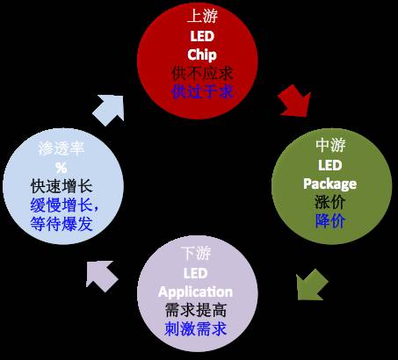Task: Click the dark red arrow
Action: tap(295, 101)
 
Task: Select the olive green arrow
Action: tap(311, 284)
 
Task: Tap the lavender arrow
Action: tap(101, 275)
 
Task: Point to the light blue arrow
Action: tap(109, 110)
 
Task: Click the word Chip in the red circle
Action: tap(202, 54)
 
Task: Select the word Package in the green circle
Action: tap(330, 184)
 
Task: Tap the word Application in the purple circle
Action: tap(195, 292)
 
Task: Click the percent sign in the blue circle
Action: tap(62, 169)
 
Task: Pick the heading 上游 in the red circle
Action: tap(202, 17)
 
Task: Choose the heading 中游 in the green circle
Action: tap(330, 146)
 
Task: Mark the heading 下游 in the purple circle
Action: tap(196, 254)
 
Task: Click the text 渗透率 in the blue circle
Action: tap(62, 148)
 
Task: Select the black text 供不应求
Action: tap(202, 74)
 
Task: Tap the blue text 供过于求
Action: tap(202, 92)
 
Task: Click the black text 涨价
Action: tap(330, 202)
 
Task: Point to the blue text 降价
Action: tap(330, 221)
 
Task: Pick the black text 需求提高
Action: tap(196, 311)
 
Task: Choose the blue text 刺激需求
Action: tap(196, 329)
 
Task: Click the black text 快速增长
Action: tap(62, 187)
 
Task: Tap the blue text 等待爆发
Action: tap(62, 224)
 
